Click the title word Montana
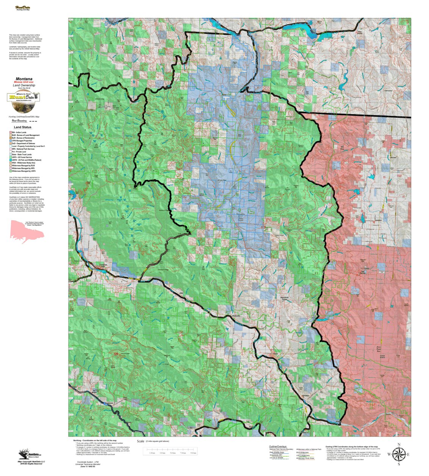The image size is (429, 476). (24, 79)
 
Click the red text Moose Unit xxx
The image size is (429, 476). (24, 82)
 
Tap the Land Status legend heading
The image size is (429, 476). (23, 127)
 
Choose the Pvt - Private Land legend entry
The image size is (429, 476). (19, 152)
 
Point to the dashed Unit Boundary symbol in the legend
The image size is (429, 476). (33, 121)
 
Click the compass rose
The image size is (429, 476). (399, 454)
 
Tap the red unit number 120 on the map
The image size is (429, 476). (116, 354)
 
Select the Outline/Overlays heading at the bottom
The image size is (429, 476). (278, 446)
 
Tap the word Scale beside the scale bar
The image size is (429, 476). (141, 441)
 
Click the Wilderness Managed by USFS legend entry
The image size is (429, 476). (23, 171)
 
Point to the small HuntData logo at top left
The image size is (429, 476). (22, 8)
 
